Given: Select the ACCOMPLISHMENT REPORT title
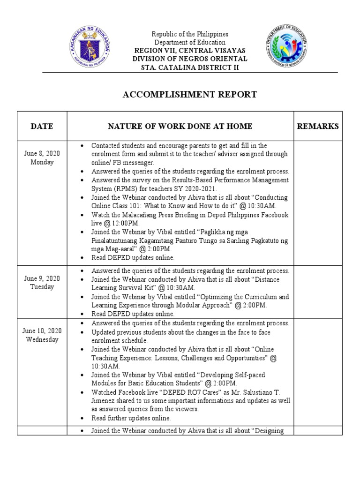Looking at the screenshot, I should tap(189, 95).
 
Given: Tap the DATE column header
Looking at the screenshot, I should tap(42, 126).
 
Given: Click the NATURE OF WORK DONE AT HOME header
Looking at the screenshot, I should tap(180, 126).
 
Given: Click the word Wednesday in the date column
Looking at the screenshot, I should tap(42, 339).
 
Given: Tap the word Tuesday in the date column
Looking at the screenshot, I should tap(42, 287).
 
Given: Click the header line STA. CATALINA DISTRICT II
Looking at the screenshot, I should tap(189, 67).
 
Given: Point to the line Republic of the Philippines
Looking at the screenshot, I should tap(189, 34).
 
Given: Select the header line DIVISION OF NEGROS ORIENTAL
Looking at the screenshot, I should tap(189, 59).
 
